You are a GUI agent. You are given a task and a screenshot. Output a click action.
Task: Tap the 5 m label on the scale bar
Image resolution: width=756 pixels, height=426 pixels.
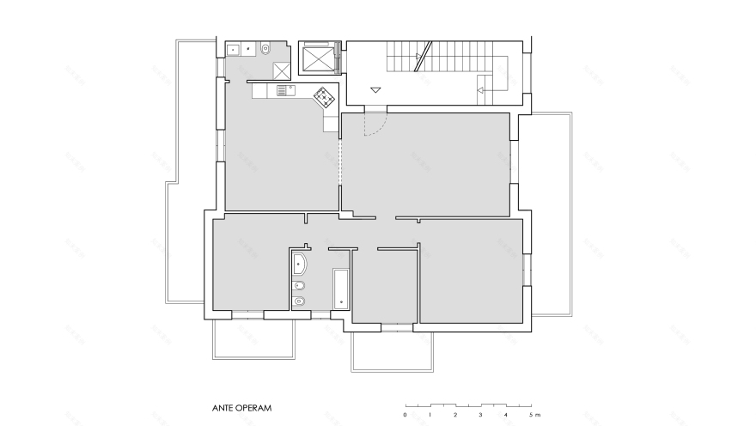pos(534,415)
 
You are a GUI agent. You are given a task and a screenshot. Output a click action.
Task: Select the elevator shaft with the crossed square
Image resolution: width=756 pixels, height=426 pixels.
pos(319,58)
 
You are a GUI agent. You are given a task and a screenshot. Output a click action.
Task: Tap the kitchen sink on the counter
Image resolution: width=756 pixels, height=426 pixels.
pos(283,89)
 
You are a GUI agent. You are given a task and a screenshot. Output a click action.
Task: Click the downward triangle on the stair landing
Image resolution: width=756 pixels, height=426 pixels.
pos(375,89)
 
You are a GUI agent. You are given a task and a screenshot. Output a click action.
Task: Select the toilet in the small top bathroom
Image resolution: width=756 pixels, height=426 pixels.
pos(265,49)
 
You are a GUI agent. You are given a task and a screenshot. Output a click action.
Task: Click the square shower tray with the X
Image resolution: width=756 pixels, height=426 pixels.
pos(282,71)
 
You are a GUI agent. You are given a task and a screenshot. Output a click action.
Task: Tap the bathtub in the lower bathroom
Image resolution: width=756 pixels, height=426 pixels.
pos(339,288)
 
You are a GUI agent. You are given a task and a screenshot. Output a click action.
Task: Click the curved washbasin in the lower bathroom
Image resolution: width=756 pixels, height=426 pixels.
pos(300,263)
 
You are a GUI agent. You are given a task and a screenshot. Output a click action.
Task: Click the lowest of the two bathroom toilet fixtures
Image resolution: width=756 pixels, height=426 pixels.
pos(300,301)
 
